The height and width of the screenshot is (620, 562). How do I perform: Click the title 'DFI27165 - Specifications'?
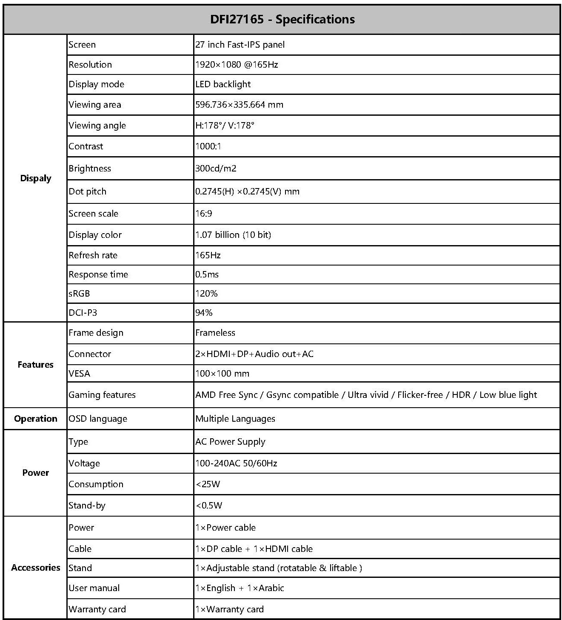(x=282, y=20)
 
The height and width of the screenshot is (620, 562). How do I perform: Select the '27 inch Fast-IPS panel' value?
(x=240, y=45)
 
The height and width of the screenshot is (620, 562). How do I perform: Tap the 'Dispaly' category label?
(x=36, y=178)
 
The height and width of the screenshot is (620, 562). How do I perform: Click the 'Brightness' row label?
(x=90, y=169)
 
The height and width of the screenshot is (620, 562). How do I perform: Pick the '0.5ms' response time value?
(x=207, y=274)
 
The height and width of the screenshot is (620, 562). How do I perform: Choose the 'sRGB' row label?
(x=80, y=294)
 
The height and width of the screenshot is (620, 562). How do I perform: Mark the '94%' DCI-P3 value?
(x=204, y=313)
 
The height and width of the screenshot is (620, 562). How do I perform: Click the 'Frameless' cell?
(x=215, y=333)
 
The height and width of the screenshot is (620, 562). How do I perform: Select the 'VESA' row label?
(x=80, y=374)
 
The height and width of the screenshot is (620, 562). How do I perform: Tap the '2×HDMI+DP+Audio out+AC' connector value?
(x=254, y=354)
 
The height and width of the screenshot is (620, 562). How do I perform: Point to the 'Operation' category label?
(x=36, y=419)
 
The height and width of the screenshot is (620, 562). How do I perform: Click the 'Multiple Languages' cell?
(x=235, y=419)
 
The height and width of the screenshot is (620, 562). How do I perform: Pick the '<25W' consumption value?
(x=208, y=484)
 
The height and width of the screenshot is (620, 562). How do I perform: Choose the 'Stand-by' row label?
(x=87, y=506)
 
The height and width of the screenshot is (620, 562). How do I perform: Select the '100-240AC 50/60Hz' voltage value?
(x=236, y=463)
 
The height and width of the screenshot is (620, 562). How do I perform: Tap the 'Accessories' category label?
(x=36, y=568)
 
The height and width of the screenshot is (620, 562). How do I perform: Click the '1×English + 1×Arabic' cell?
(x=240, y=588)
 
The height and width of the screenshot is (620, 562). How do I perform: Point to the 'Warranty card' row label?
(x=97, y=609)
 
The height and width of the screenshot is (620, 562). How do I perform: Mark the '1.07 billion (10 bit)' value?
(x=233, y=235)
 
